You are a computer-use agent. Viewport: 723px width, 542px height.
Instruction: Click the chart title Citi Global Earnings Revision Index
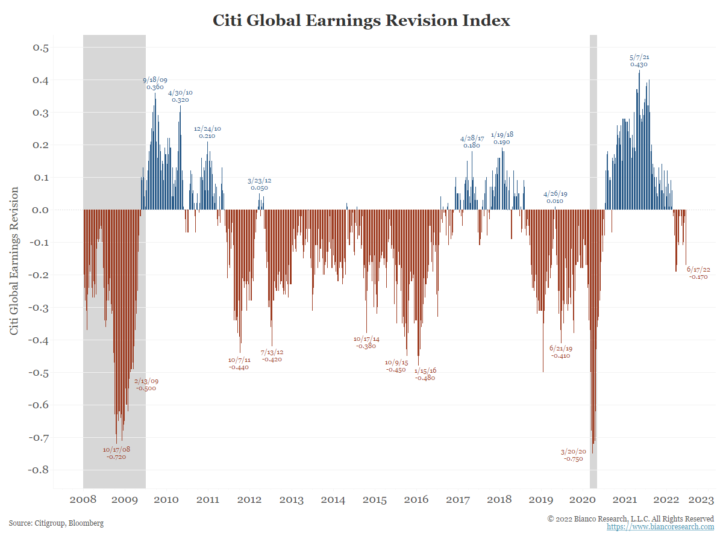click(x=361, y=20)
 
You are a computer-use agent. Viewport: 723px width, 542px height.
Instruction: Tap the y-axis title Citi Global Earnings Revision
click(x=14, y=261)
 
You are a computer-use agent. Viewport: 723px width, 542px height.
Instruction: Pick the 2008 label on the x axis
click(x=83, y=500)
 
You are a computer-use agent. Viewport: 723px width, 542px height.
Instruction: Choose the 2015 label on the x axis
click(x=375, y=500)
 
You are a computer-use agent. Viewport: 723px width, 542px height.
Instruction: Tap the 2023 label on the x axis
click(x=702, y=500)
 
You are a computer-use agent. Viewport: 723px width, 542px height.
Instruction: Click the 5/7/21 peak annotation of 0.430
click(x=639, y=61)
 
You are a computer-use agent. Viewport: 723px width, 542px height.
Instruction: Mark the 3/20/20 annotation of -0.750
click(x=573, y=455)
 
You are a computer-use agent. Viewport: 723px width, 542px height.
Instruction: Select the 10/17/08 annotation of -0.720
click(x=116, y=453)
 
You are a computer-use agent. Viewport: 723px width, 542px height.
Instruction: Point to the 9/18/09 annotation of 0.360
click(x=155, y=83)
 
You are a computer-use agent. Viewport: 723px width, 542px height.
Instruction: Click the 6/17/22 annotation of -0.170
click(x=698, y=273)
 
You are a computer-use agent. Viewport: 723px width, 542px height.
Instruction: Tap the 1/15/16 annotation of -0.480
click(x=425, y=374)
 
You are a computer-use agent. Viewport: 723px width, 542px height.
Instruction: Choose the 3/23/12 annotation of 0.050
click(x=259, y=184)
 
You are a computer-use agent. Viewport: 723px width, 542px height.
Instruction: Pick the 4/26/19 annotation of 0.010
click(x=555, y=198)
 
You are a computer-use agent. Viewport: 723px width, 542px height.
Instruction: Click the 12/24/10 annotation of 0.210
click(x=207, y=132)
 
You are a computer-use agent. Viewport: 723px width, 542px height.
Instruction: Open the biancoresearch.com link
click(x=660, y=527)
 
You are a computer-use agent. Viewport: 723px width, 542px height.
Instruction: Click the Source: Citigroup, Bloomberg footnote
click(x=56, y=523)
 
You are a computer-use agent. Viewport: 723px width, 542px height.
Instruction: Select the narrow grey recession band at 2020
click(x=593, y=259)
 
